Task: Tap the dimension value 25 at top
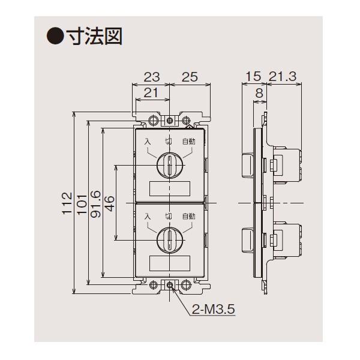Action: coord(189,77)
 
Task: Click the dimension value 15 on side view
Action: coord(252,77)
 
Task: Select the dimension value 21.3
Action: coord(284,77)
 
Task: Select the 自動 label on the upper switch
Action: coord(188,142)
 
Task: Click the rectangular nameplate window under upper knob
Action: coord(169,188)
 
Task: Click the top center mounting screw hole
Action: coord(170,121)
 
